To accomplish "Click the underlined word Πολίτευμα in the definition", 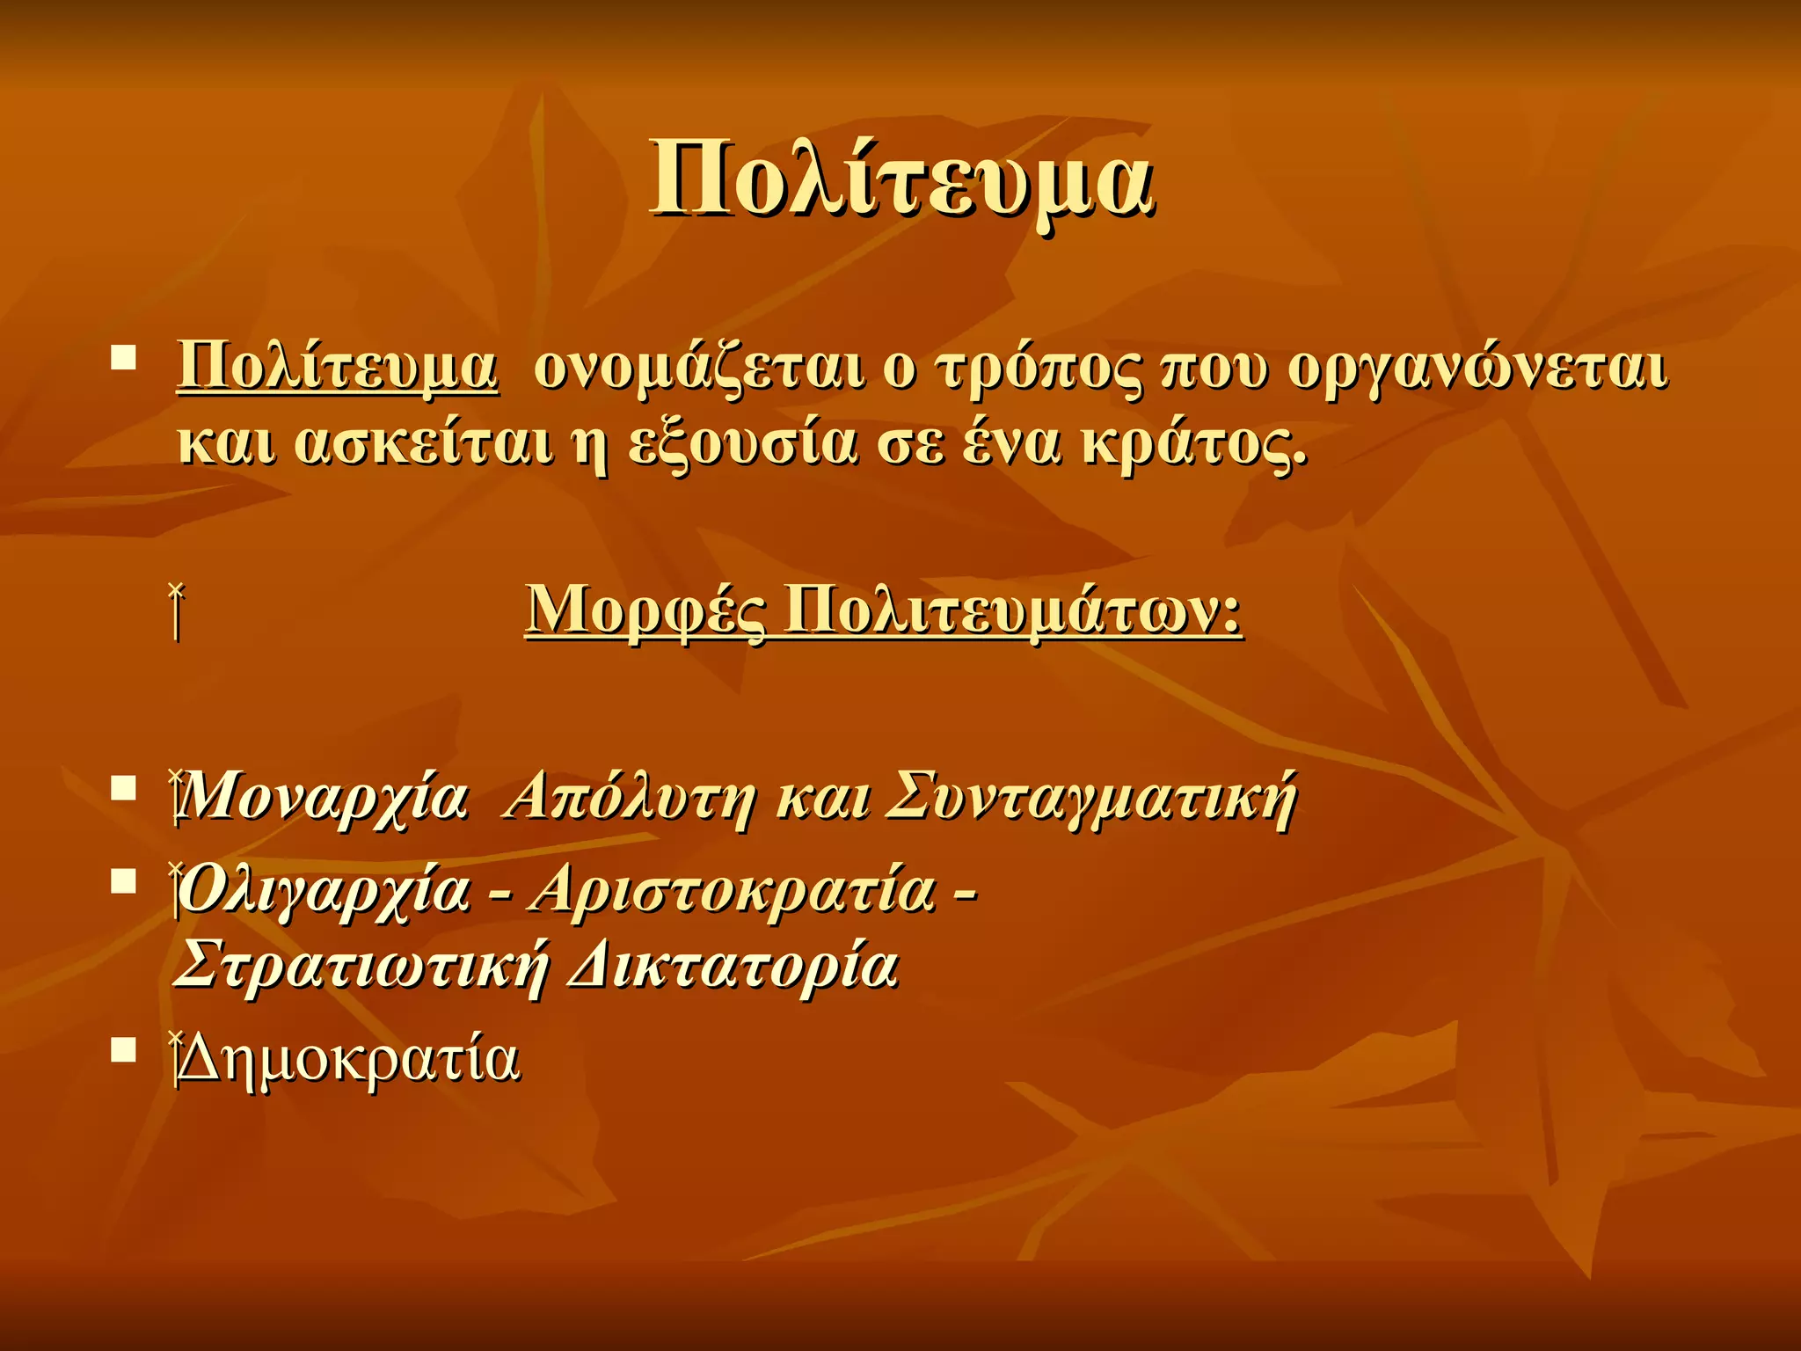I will [338, 368].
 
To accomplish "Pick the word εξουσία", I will [742, 443].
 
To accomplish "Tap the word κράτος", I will [1194, 443].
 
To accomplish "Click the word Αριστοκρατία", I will [734, 890].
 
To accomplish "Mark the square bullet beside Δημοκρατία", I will [124, 1048].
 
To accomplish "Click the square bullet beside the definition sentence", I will [124, 357].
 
